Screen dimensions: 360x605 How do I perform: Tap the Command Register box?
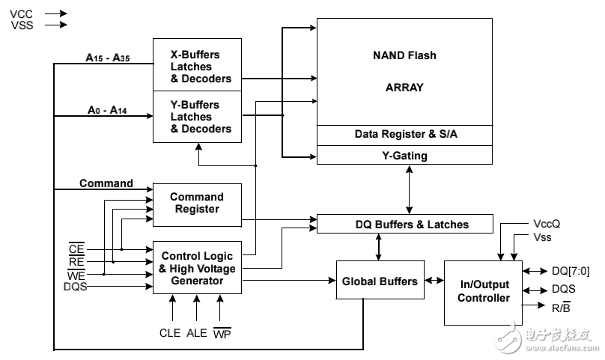(197, 204)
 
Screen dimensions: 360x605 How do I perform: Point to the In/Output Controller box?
(483, 291)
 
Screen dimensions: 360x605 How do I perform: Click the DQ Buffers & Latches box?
(405, 224)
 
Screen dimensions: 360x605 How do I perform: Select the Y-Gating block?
(405, 155)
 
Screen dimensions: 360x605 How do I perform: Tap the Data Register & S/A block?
(405, 135)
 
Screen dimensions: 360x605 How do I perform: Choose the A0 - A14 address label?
(106, 110)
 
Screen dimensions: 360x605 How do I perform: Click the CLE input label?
(170, 333)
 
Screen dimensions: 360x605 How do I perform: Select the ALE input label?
(197, 333)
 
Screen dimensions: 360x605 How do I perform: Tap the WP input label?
(222, 333)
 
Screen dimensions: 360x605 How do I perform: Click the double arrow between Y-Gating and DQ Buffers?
(409, 189)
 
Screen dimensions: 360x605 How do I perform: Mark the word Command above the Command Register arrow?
(106, 183)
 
